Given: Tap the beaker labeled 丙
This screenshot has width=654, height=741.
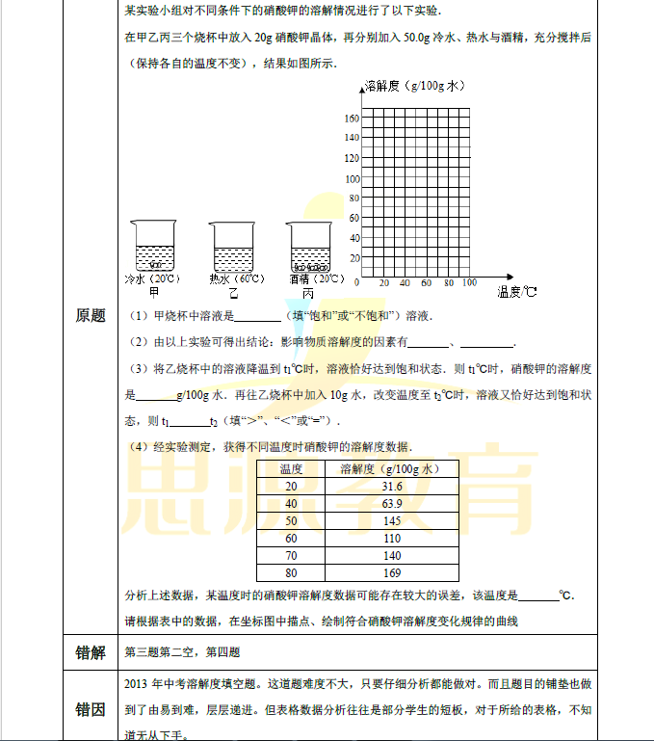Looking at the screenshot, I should click(x=308, y=246).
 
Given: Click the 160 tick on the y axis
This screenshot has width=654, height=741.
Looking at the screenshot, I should click(x=352, y=118).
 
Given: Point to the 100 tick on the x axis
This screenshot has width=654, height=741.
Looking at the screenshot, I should click(x=469, y=283).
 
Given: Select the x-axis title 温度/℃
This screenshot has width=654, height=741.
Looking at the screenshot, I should click(x=517, y=290).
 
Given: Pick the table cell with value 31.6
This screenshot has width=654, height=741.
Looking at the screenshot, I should click(x=392, y=487).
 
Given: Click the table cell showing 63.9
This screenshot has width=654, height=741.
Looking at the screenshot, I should click(x=392, y=504).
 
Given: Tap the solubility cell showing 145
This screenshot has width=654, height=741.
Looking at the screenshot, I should click(x=392, y=521).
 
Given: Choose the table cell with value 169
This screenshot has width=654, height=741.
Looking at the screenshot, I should click(x=392, y=573).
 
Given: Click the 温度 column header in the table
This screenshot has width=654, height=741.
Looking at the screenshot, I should click(x=292, y=469).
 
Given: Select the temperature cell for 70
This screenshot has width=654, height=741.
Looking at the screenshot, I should click(x=292, y=556).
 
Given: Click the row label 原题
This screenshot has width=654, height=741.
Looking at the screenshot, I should click(x=91, y=316).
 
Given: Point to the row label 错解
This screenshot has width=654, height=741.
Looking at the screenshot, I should click(x=91, y=652).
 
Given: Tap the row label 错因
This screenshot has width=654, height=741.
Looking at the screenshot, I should click(x=91, y=709).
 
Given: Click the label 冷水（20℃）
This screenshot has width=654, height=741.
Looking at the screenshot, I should click(x=148, y=278).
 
